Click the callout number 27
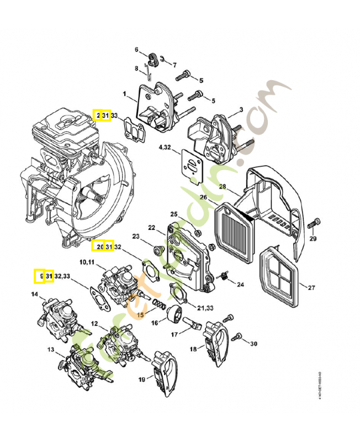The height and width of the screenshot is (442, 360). coord(311,287)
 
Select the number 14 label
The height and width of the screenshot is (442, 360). coord(34,294)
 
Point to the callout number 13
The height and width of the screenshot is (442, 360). coord(50,350)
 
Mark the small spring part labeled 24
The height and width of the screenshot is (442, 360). coord(225,276)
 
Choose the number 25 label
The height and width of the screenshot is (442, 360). coord(173,214)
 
